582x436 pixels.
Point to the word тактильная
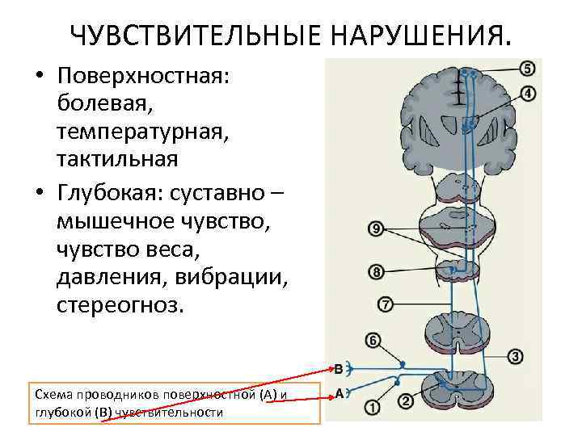117,157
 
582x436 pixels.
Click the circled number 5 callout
527,69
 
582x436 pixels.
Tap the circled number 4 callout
527,94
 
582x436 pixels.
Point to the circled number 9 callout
376,229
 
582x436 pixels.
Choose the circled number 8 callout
376,271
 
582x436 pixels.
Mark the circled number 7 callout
385,305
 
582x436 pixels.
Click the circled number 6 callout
373,341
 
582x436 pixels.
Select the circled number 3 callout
515,357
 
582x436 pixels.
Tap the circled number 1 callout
373,409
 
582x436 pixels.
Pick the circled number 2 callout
406,401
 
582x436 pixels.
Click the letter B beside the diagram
339,368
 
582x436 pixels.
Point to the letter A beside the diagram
340,393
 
